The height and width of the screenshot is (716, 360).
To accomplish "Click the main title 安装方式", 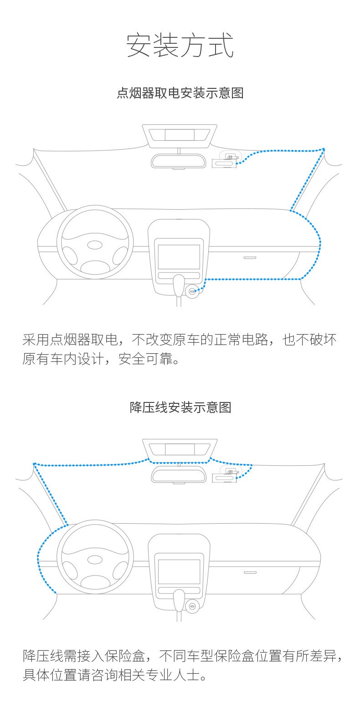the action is coord(180,45).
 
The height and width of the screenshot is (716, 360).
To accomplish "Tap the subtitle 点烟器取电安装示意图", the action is coord(180,93).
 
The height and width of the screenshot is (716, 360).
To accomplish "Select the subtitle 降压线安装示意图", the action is coord(180,407).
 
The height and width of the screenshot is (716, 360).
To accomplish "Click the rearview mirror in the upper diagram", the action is coord(178,161).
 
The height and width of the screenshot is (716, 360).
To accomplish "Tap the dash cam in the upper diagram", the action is coord(225,160).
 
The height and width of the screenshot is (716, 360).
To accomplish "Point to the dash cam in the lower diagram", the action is coord(225,474).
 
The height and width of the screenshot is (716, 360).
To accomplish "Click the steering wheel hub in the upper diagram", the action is coord(95,245).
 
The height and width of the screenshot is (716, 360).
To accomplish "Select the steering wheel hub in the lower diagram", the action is coord(95,559).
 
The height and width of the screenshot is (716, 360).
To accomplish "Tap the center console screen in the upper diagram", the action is coord(179,257).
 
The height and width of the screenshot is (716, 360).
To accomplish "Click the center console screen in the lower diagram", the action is coord(179,571).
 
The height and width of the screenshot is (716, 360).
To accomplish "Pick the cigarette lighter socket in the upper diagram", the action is coord(192,291).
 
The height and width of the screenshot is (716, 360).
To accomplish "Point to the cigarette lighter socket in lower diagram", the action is coord(192,606).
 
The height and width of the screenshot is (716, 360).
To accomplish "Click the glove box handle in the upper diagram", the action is coord(250,258).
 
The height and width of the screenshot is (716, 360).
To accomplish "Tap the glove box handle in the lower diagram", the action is coord(250,572).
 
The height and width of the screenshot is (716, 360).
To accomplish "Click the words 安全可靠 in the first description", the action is coord(145,359).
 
